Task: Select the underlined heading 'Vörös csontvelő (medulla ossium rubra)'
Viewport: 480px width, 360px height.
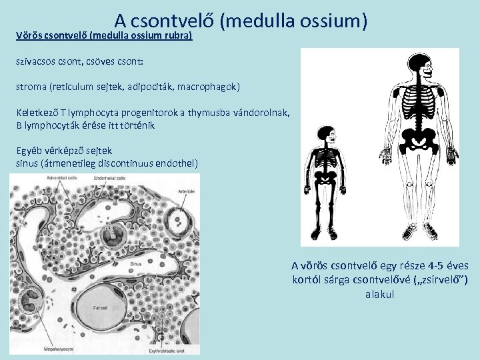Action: click(x=104, y=35)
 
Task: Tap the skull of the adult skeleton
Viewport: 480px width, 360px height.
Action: click(x=419, y=63)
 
